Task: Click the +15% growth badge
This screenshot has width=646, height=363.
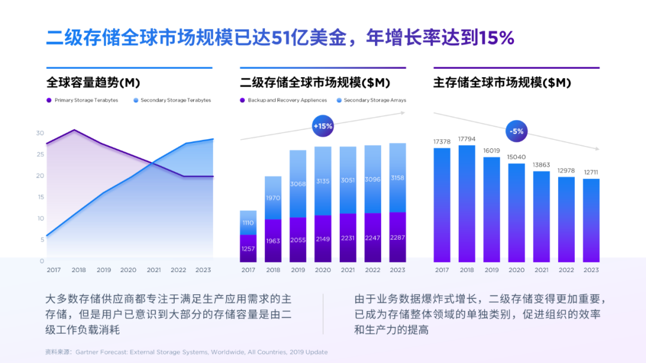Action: tap(322, 126)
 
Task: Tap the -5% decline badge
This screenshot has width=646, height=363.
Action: tap(516, 130)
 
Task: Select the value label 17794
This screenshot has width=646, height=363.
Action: tap(467, 139)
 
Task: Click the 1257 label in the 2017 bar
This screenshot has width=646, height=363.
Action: tap(248, 248)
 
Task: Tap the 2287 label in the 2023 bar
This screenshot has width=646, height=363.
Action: tap(397, 237)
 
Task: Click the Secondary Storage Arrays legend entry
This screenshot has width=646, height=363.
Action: tap(371, 100)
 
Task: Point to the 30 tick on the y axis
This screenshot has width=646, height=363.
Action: tap(40, 133)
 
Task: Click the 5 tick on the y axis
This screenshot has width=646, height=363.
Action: tap(42, 240)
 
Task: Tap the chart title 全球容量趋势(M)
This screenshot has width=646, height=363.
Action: tap(93, 83)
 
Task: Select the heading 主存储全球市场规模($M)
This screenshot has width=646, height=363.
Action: tap(502, 83)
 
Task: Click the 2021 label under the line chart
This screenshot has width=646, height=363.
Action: tap(154, 270)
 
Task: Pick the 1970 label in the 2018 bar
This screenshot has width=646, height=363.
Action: tap(273, 198)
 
